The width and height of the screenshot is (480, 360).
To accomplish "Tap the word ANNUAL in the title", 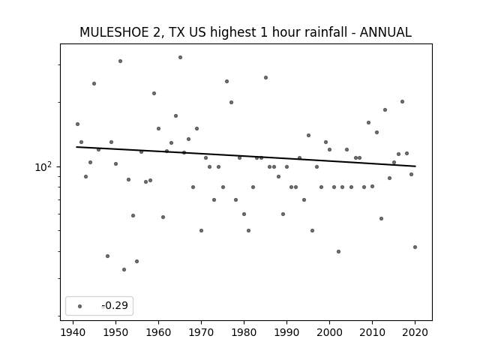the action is click(385, 32).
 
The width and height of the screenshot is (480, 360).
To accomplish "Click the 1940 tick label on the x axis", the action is click(73, 332).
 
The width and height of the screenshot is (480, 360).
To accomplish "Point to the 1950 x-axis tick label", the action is click(115, 332).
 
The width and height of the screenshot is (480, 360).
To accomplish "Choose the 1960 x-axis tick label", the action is click(158, 332).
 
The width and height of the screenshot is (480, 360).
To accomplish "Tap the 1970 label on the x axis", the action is click(201, 332).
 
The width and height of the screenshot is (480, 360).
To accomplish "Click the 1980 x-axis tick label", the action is click(244, 332).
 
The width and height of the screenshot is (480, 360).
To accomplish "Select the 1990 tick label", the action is click(286, 332).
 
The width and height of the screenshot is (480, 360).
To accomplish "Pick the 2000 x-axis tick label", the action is click(329, 332).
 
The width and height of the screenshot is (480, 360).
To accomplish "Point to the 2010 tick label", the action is click(372, 332).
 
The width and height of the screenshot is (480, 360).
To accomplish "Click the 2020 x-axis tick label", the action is click(415, 332).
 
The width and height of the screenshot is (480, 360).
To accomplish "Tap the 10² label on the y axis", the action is click(43, 166).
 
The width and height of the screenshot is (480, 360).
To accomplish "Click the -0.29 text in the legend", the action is click(115, 305).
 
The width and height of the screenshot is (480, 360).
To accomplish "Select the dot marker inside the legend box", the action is click(80, 306).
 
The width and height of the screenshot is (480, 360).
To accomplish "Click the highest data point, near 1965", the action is click(180, 57).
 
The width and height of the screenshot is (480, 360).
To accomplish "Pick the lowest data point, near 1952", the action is click(124, 270).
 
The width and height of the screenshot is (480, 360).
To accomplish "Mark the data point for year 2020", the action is click(415, 247).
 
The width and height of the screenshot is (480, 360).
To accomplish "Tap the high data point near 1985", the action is click(265, 78).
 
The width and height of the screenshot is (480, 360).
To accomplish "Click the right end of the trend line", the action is click(415, 166).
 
